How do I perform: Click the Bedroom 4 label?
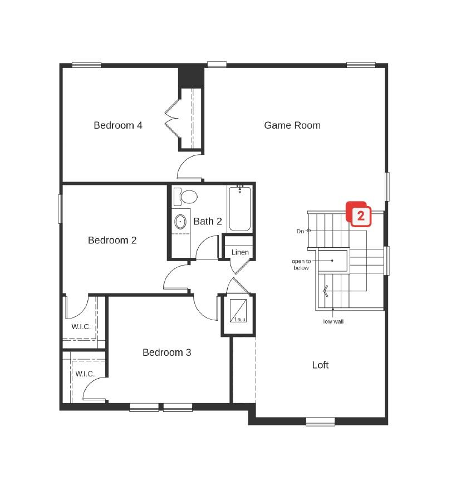coord(117,125)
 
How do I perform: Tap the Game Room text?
coord(292,125)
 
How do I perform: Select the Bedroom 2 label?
coord(112,240)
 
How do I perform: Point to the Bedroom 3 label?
coord(166,352)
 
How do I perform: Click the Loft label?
coord(320,365)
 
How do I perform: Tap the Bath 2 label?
coord(207,221)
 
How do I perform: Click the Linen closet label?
coord(240,252)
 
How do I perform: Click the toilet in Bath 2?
coord(187,197)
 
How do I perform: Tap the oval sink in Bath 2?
coord(180,222)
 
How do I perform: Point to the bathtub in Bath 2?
coord(240,209)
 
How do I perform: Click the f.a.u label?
coord(239,320)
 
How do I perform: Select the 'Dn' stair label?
coord(300,231)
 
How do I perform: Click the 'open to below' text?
coord(301,264)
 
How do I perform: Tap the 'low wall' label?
coord(333,321)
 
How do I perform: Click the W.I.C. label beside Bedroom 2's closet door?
coord(81,326)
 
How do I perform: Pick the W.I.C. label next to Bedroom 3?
coord(85,374)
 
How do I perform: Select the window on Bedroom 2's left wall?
coord(60,208)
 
